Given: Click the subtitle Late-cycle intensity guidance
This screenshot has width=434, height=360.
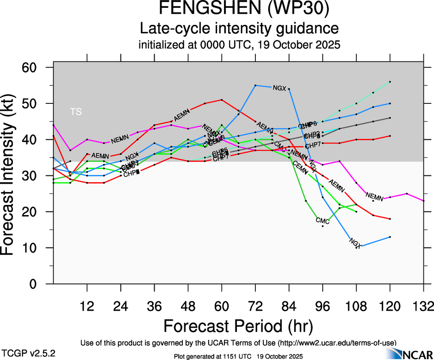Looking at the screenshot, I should pyautogui.click(x=239, y=28).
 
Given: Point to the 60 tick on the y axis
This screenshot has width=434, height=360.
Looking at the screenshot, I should pyautogui.click(x=36, y=67).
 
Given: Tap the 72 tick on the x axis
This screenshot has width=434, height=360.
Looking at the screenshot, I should pyautogui.click(x=255, y=306).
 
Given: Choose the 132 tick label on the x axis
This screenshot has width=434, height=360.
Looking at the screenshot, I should pyautogui.click(x=424, y=306).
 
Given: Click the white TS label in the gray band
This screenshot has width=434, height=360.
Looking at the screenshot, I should pyautogui.click(x=76, y=112).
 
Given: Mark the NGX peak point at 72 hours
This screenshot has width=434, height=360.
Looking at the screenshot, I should pyautogui.click(x=255, y=85).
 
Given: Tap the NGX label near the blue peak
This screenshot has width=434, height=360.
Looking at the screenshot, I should pyautogui.click(x=280, y=88).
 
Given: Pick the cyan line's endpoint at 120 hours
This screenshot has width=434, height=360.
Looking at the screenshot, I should pyautogui.click(x=390, y=82).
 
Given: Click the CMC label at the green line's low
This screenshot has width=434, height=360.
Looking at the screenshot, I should pyautogui.click(x=322, y=221).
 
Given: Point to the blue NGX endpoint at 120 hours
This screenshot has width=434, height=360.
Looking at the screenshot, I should pyautogui.click(x=390, y=237).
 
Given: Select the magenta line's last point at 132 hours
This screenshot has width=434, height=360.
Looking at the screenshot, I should pyautogui.click(x=424, y=201).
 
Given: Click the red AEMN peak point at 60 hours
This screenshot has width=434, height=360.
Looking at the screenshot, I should pyautogui.click(x=222, y=100).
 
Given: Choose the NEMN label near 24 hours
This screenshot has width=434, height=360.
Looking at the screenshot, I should pyautogui.click(x=119, y=138).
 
